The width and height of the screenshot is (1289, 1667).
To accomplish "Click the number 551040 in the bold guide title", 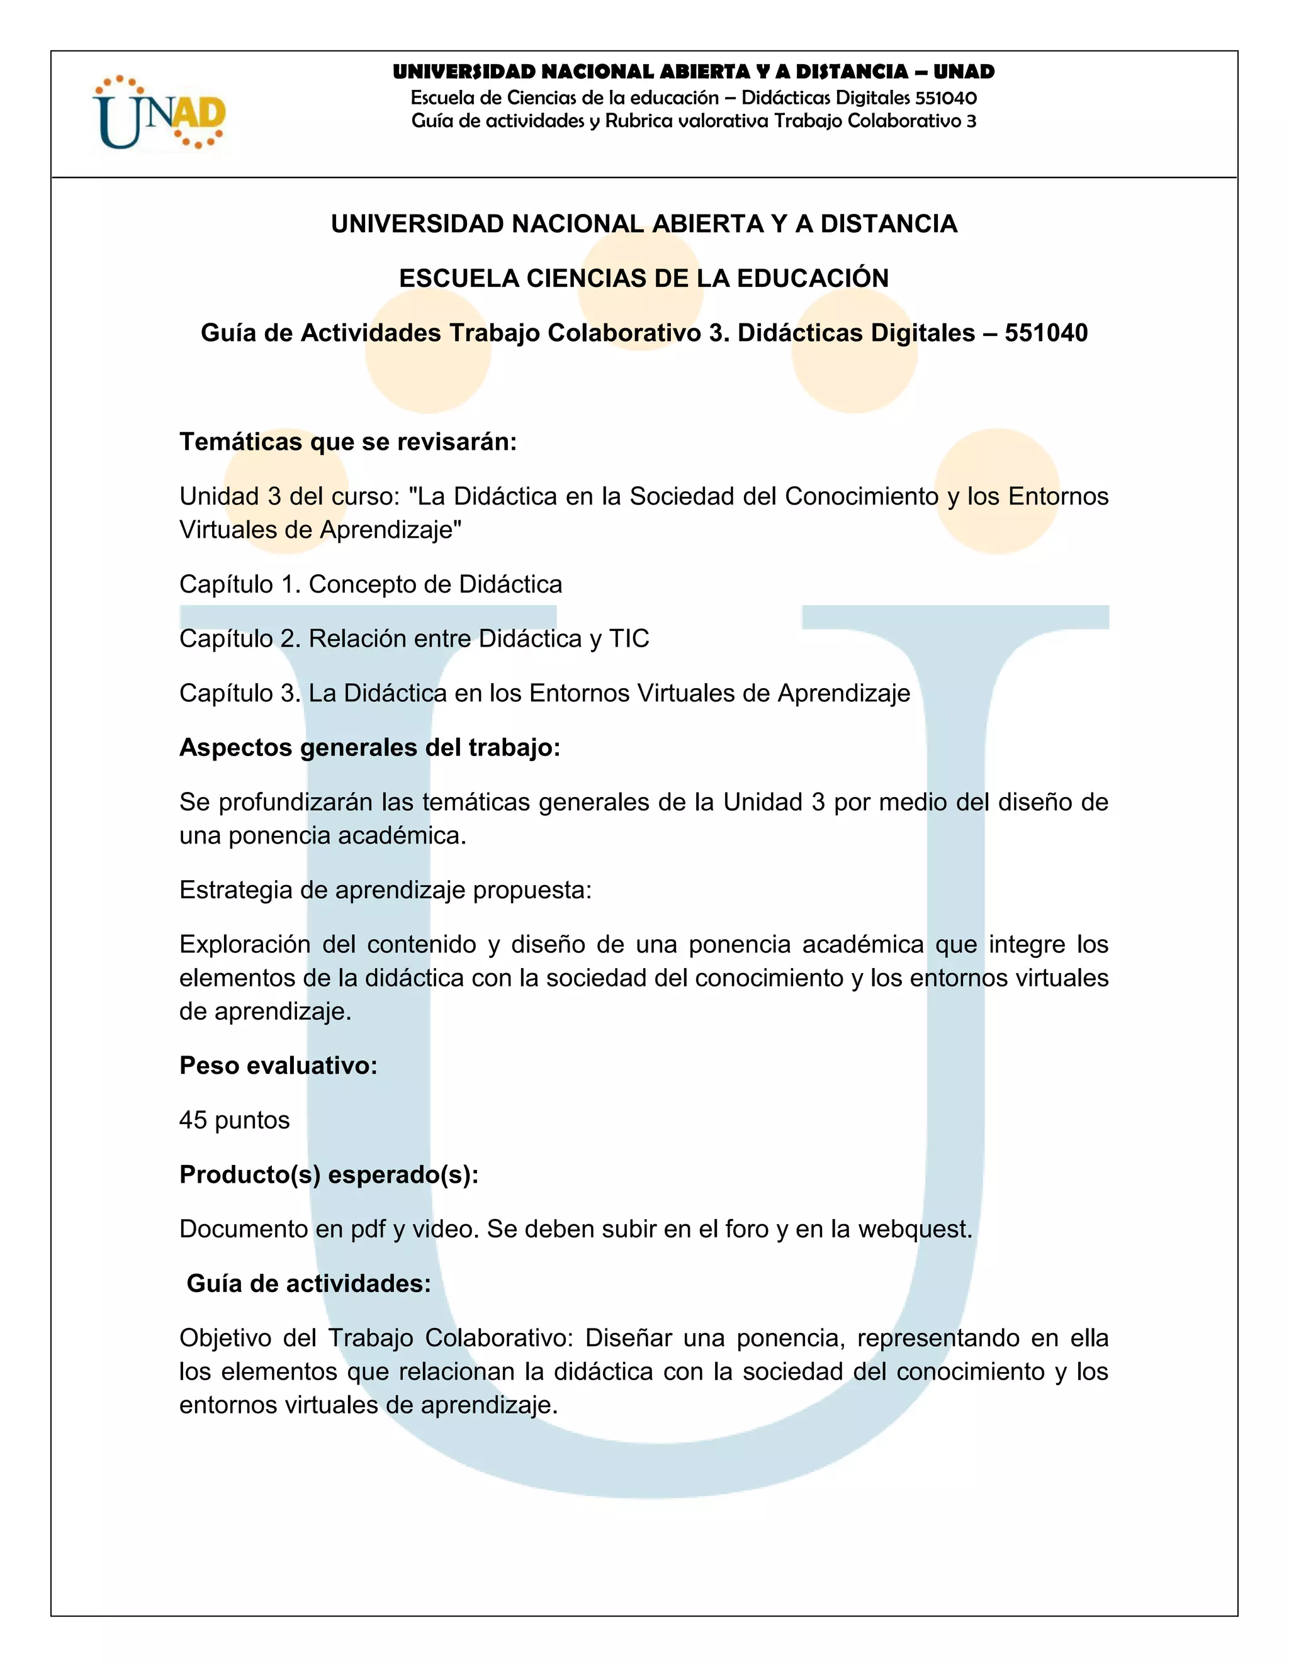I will [x=1045, y=333].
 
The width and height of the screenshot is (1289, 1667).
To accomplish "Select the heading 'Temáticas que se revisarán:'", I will [x=348, y=442].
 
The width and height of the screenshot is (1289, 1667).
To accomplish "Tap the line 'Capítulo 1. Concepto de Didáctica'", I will [x=370, y=584].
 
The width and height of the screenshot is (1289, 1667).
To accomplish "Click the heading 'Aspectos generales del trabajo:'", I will [x=369, y=747].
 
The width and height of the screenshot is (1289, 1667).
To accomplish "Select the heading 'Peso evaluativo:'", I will [x=278, y=1065].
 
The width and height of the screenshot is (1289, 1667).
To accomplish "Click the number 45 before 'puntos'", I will [x=193, y=1120].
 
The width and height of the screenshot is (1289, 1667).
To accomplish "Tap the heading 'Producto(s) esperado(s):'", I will [x=329, y=1174].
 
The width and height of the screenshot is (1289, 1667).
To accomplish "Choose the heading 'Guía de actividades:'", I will [x=308, y=1283].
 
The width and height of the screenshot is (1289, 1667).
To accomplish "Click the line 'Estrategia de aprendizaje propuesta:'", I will [x=386, y=890].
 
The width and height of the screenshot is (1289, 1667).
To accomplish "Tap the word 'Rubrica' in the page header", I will [x=638, y=121].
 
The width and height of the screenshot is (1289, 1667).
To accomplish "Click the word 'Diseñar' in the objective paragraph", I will [x=628, y=1338].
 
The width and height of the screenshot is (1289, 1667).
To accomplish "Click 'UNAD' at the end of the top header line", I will [x=964, y=72].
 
